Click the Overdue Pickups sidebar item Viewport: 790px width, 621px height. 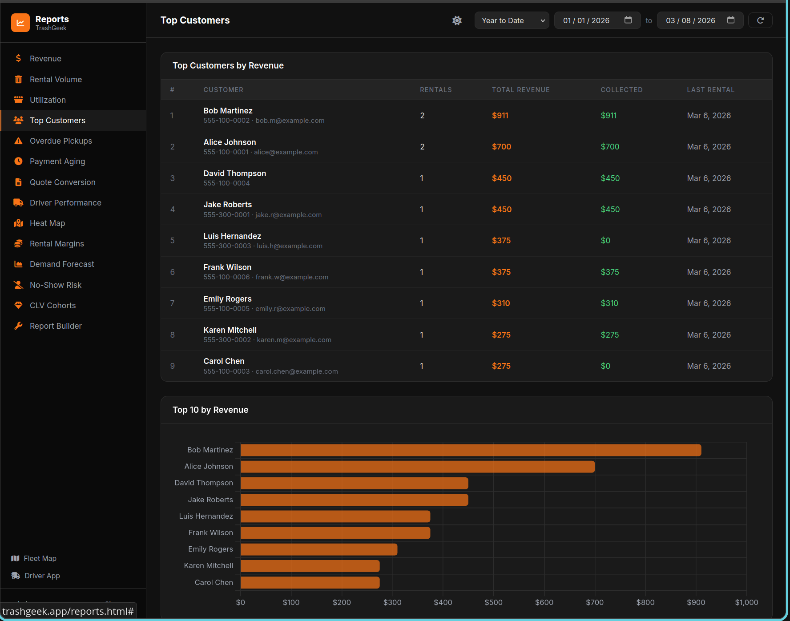(x=60, y=141)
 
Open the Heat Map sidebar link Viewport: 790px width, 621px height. (x=47, y=223)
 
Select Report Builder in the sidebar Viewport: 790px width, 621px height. (x=56, y=326)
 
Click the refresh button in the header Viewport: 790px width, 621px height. (x=760, y=20)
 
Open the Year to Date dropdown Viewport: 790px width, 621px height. (x=512, y=20)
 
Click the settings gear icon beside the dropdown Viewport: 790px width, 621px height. (x=457, y=20)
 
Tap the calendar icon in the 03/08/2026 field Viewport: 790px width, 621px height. (x=730, y=20)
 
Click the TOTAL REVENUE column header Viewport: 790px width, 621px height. (x=520, y=90)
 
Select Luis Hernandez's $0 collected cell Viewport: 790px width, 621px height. (x=605, y=241)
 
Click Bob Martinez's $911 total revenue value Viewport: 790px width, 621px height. (x=500, y=116)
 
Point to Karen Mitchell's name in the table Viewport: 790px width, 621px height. (x=230, y=330)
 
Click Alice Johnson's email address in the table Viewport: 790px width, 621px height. (x=286, y=152)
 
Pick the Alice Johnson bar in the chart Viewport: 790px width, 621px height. (x=417, y=467)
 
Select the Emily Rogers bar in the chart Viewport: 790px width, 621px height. (x=318, y=549)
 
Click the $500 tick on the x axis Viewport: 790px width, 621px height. (x=493, y=602)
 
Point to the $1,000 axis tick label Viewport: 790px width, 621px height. (x=746, y=602)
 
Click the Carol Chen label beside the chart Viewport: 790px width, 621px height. (x=214, y=582)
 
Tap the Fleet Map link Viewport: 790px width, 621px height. (x=40, y=558)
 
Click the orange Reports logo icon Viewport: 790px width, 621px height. (x=20, y=23)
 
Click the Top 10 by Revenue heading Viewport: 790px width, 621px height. (x=210, y=410)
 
